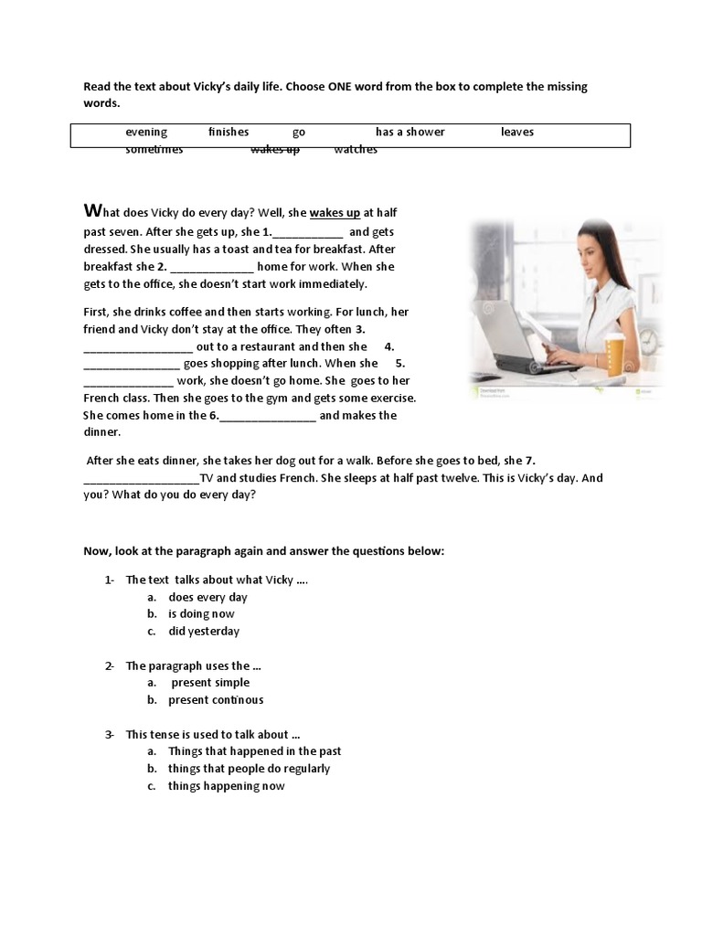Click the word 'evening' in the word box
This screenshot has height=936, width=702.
coord(146,132)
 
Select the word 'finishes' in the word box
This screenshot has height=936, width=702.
coord(229,132)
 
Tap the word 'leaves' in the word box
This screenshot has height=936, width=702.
coord(517,132)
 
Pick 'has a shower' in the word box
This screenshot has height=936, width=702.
coord(410,132)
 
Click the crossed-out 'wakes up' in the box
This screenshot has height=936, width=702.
coord(275,150)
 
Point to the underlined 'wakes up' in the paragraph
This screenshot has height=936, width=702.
coord(335,213)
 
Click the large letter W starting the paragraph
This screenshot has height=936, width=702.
coord(90,211)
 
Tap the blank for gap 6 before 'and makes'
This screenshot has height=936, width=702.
coord(268,416)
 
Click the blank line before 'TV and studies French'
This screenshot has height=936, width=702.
coord(141,478)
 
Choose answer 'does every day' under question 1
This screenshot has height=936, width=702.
coord(207,597)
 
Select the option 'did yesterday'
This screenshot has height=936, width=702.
coord(204,631)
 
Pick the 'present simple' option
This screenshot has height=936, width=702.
coord(210,682)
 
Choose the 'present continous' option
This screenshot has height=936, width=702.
coord(216,699)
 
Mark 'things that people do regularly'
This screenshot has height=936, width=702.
coord(249,768)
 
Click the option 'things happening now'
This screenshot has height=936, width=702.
coord(226,785)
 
